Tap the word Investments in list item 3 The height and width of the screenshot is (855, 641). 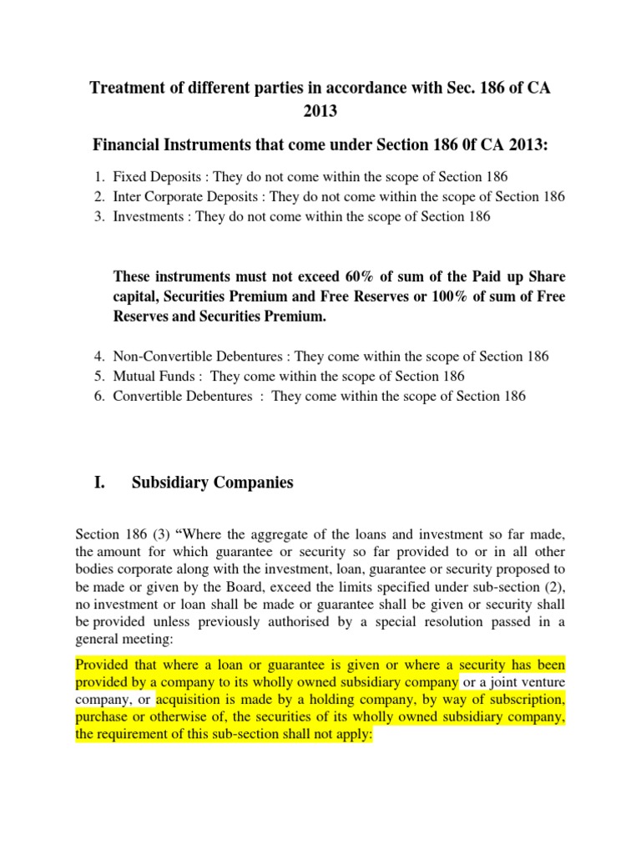[x=147, y=217]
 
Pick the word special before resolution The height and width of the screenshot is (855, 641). [x=381, y=623]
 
